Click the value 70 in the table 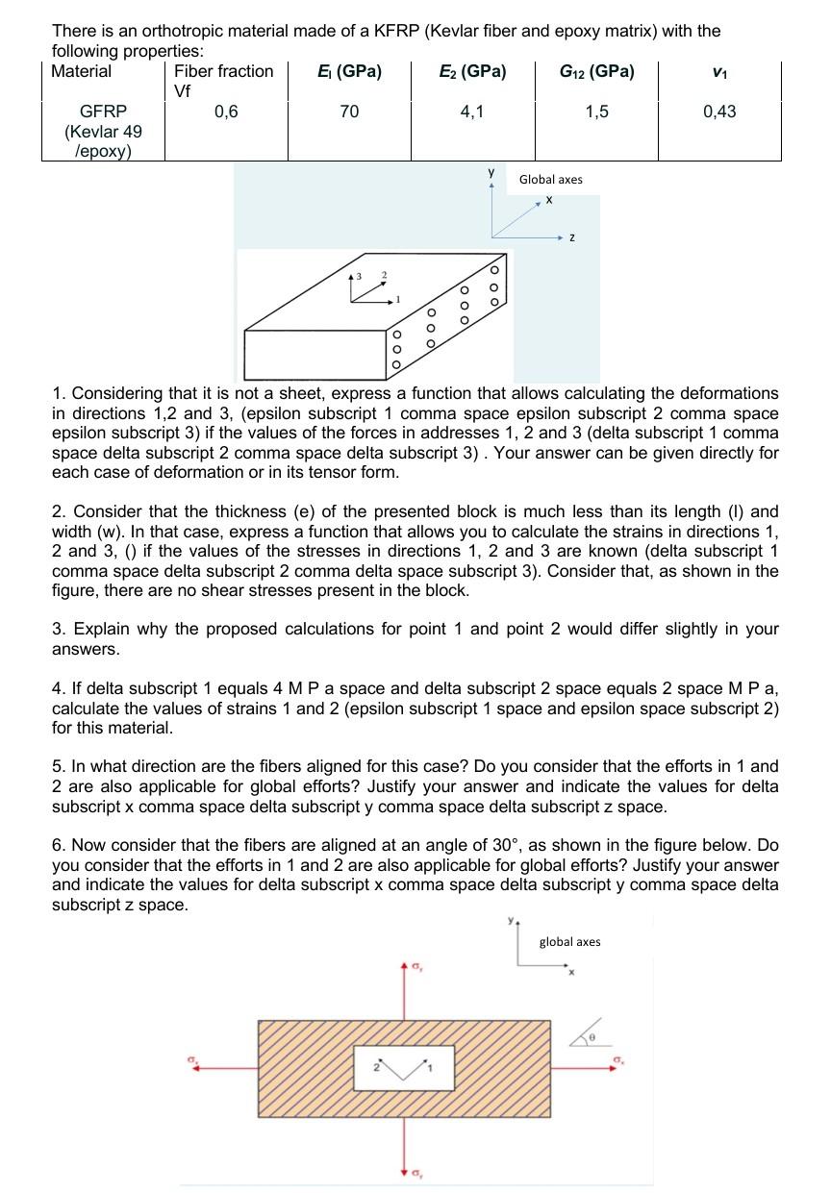pyautogui.click(x=349, y=112)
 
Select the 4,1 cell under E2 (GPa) pyautogui.click(x=472, y=112)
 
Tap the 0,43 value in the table pyautogui.click(x=719, y=112)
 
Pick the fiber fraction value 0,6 pyautogui.click(x=226, y=112)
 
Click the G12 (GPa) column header pyautogui.click(x=596, y=71)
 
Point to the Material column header pyautogui.click(x=82, y=71)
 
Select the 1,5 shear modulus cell pyautogui.click(x=596, y=112)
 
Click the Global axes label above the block pyautogui.click(x=550, y=180)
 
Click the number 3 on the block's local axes pyautogui.click(x=360, y=277)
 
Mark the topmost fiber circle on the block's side pyautogui.click(x=495, y=269)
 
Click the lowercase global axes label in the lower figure pyautogui.click(x=569, y=942)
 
